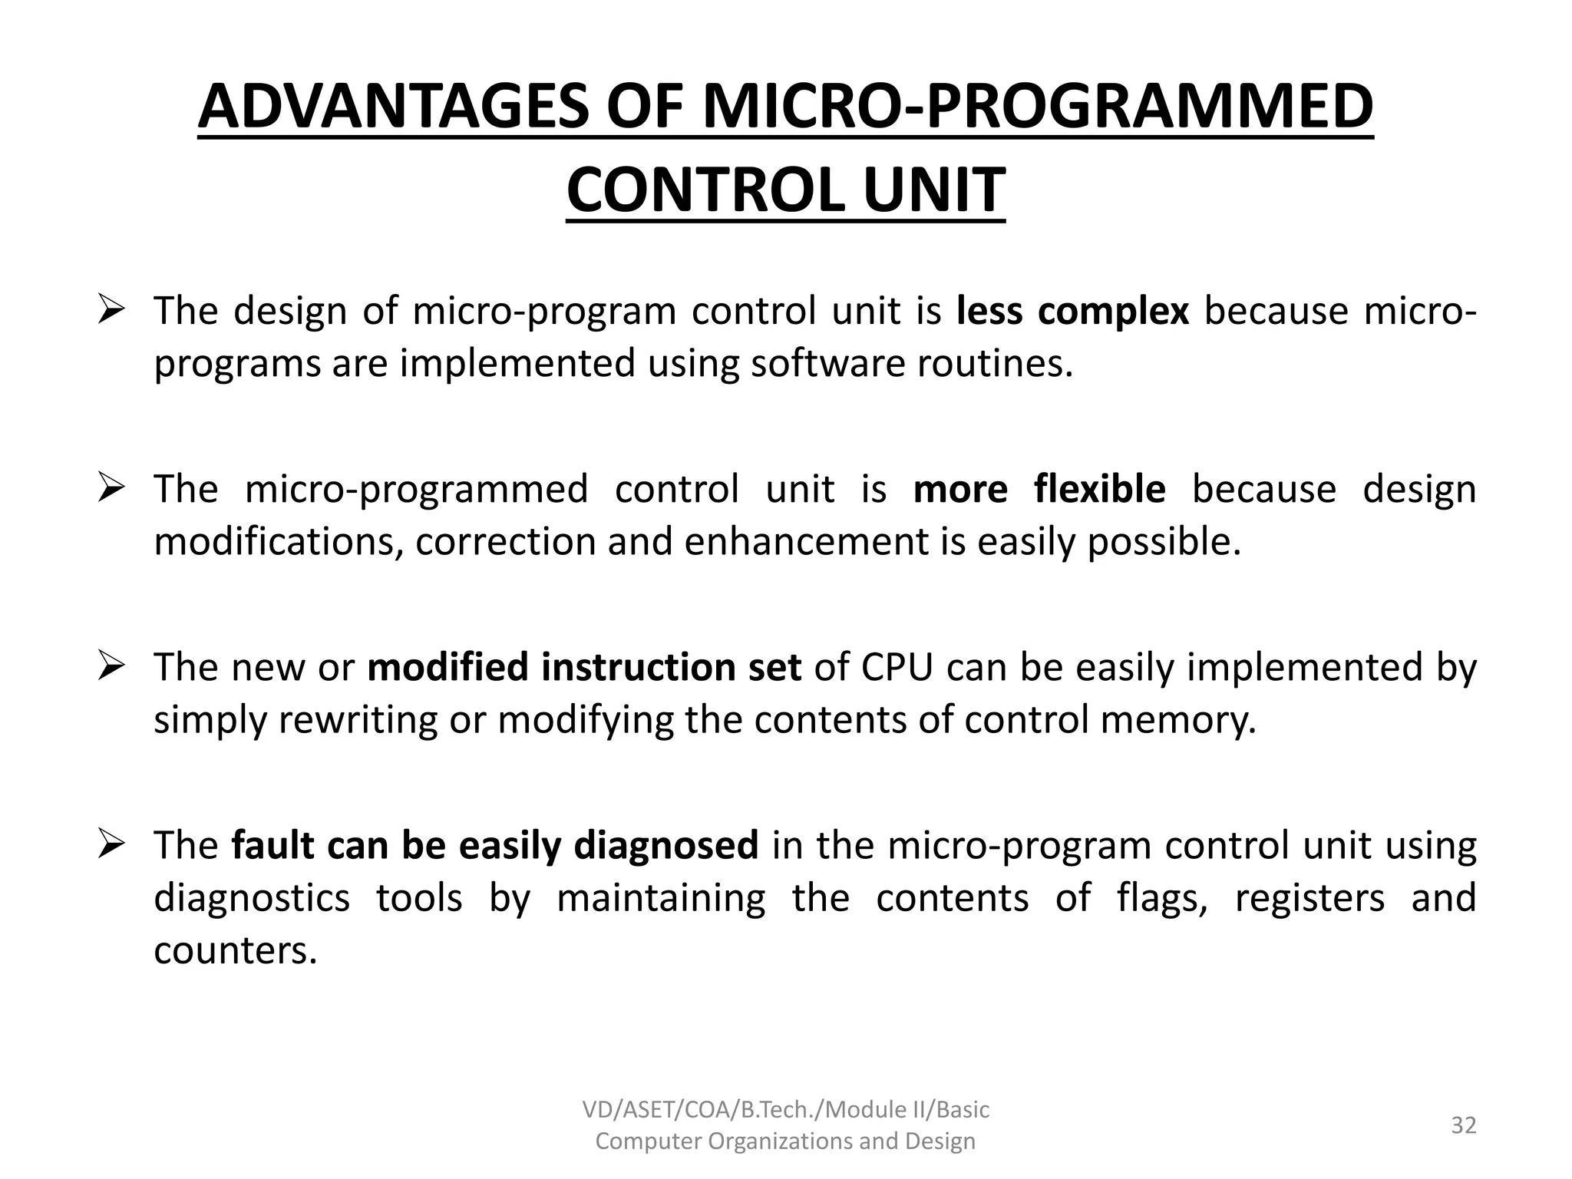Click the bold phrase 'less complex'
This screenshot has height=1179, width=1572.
[1072, 311]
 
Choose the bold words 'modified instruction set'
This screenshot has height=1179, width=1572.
[584, 667]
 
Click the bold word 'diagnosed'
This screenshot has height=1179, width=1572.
[665, 845]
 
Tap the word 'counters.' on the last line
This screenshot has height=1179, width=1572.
[235, 950]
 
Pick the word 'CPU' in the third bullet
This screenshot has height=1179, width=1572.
[897, 667]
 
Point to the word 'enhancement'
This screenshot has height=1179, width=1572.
[806, 541]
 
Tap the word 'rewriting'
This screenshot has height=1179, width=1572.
[358, 720]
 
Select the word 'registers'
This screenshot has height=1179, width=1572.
[1309, 898]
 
